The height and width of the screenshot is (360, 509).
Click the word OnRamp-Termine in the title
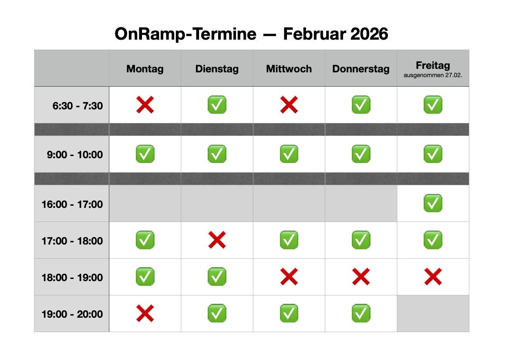(x=185, y=34)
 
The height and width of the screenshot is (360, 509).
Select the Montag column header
(x=145, y=69)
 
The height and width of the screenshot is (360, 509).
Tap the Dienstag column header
(x=217, y=69)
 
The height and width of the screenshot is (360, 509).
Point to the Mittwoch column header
(x=289, y=69)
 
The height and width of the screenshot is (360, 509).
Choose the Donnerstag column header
(x=361, y=69)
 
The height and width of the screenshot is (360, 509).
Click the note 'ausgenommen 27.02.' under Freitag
(x=433, y=75)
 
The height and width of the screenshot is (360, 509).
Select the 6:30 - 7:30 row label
(x=78, y=105)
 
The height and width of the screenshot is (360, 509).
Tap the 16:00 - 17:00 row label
(x=72, y=204)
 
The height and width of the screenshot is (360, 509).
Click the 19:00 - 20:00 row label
(x=72, y=314)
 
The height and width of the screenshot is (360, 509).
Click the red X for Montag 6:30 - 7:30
(x=145, y=105)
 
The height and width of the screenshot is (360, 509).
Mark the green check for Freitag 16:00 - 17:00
(x=433, y=203)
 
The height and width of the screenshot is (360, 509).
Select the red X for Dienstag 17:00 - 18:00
(x=217, y=240)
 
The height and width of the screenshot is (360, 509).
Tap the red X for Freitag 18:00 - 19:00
(x=433, y=277)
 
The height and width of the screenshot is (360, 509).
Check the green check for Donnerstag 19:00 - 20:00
(x=361, y=313)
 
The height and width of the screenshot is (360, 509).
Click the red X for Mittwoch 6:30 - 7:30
(x=289, y=105)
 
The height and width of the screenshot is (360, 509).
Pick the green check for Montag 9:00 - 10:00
(x=145, y=154)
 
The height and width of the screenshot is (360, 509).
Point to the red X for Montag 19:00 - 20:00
(x=145, y=313)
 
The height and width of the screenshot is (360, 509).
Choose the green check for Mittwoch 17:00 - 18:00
(x=289, y=240)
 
